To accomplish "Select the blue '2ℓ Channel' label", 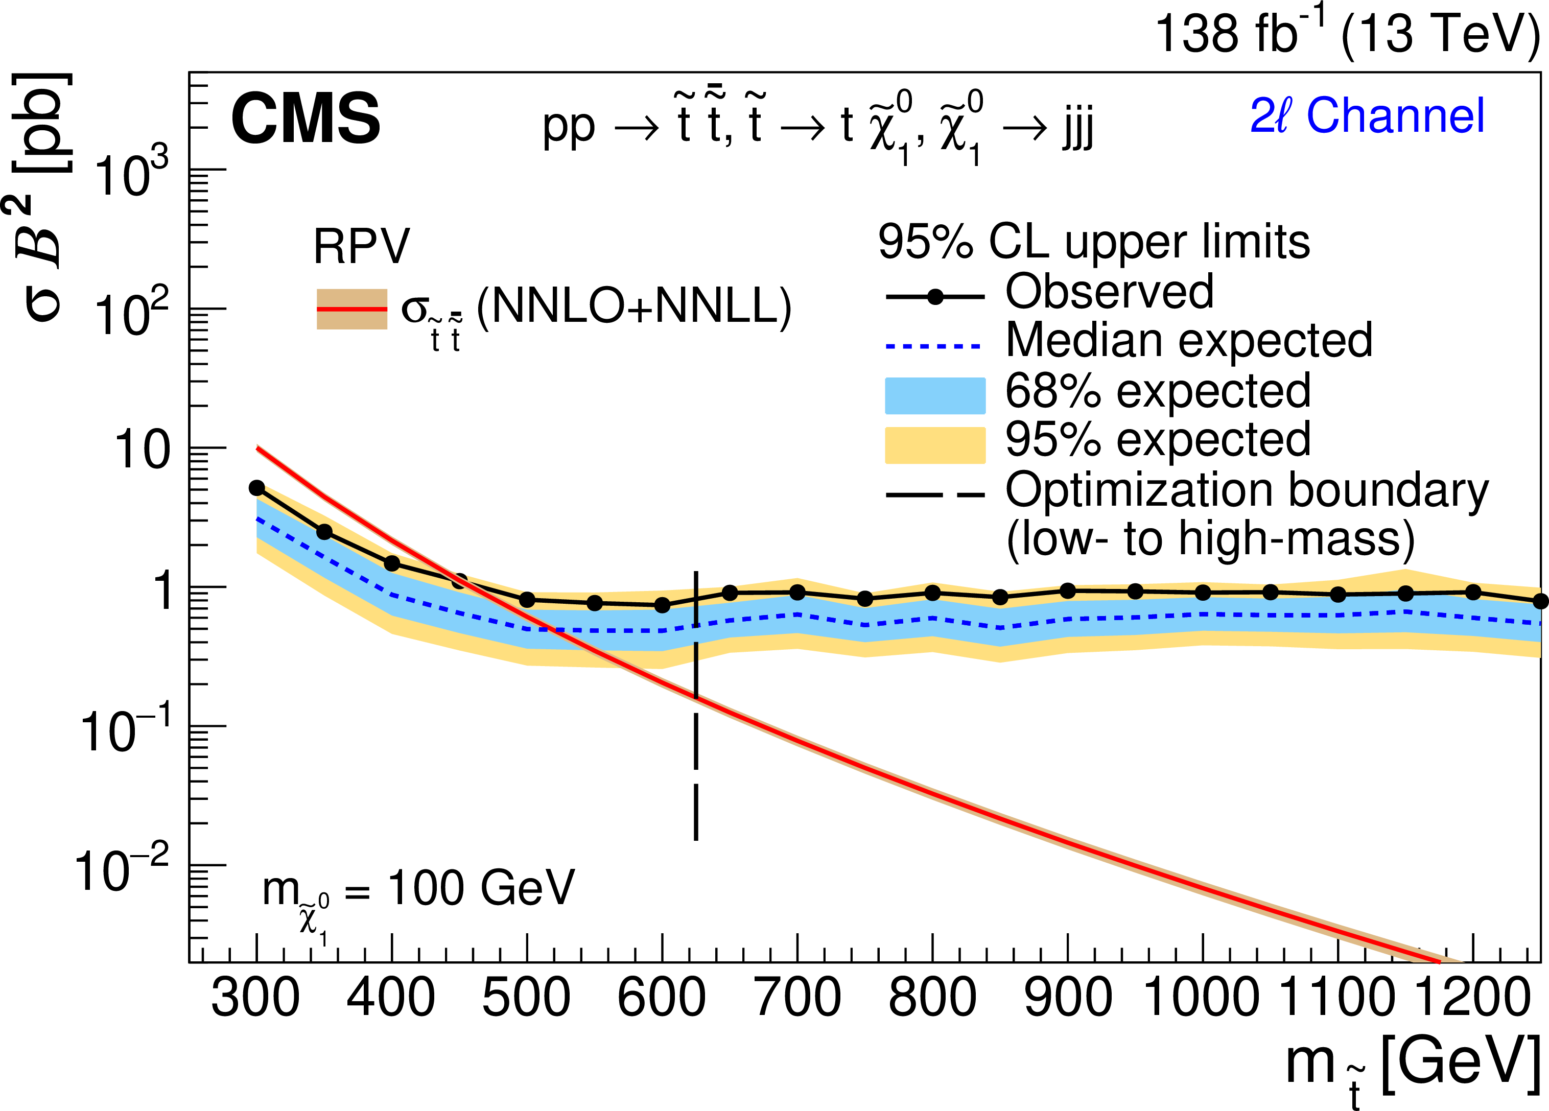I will pyautogui.click(x=1367, y=115).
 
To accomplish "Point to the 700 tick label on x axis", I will pyautogui.click(x=797, y=998).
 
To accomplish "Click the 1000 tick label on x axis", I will pyautogui.click(x=1202, y=998).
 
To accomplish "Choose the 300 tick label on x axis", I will pyautogui.click(x=255, y=998).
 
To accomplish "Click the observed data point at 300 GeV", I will pyautogui.click(x=257, y=487).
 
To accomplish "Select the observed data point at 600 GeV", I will pyautogui.click(x=662, y=605).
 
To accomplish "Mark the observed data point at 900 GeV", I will pyautogui.click(x=1068, y=590).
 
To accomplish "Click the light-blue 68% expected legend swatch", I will pyautogui.click(x=935, y=395).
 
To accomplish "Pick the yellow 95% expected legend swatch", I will pyautogui.click(x=935, y=445).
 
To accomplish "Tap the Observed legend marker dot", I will pyautogui.click(x=935, y=296).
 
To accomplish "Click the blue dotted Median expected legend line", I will pyautogui.click(x=933, y=346).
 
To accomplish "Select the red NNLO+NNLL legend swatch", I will pyautogui.click(x=351, y=309).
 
